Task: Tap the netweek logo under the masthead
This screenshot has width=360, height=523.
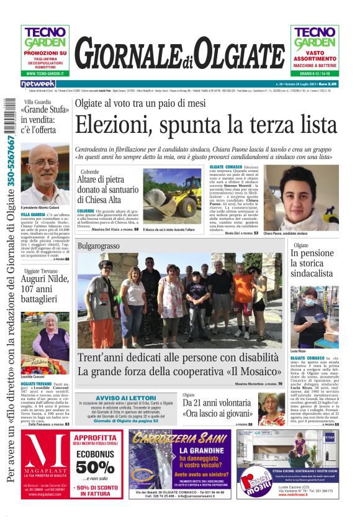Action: [38, 84]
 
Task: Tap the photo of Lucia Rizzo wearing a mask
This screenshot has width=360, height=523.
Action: [315, 317]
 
